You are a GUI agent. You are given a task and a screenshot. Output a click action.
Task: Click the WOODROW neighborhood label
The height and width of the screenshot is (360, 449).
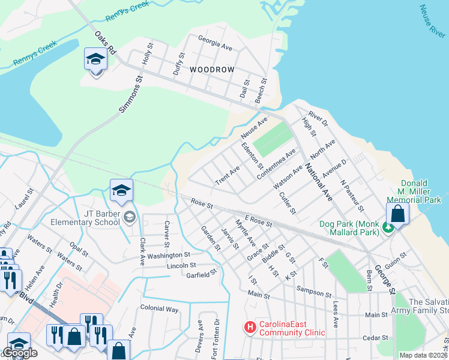[212, 70]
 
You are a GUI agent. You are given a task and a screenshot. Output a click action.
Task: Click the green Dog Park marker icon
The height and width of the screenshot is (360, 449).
[388, 227]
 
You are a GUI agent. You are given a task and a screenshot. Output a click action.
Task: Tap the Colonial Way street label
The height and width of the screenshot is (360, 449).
[160, 309]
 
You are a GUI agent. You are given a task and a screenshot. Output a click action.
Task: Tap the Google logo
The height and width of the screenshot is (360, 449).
[20, 353]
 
